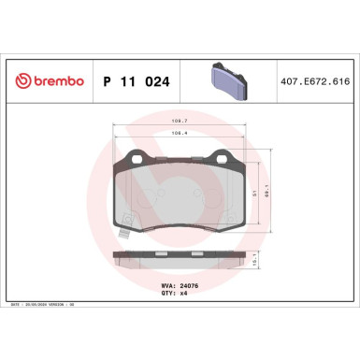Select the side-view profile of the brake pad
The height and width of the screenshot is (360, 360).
[180, 259]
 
